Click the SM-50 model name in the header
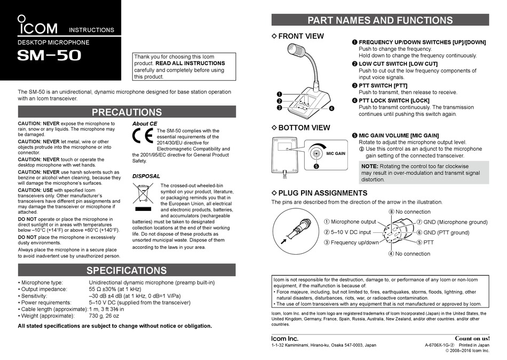49,55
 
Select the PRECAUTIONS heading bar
126,112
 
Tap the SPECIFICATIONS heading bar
126,270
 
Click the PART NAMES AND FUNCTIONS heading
380,21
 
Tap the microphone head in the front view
297,51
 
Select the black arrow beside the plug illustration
284,241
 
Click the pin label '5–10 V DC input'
351,232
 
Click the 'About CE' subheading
145,123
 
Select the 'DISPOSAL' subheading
146,176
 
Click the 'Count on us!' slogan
472,339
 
